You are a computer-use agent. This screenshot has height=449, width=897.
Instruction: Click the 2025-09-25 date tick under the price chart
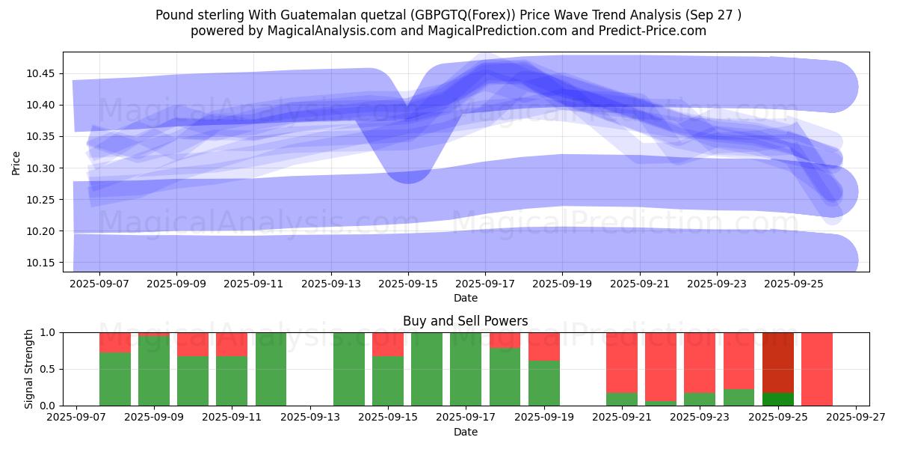[794, 284]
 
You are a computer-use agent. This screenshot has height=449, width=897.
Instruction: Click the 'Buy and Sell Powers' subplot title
[465, 321]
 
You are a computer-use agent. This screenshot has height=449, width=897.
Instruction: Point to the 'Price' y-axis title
[16, 162]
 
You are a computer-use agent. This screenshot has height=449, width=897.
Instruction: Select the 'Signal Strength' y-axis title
[29, 368]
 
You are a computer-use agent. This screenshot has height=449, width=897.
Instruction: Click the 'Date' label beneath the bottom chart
[465, 432]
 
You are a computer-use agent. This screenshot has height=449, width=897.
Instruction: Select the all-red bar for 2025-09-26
[817, 368]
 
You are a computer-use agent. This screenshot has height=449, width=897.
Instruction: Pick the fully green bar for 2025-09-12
[271, 368]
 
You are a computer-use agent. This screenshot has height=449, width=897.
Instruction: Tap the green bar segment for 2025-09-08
[115, 379]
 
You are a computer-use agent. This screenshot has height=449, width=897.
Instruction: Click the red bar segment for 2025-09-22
[661, 366]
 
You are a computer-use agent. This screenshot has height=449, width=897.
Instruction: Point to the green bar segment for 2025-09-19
[544, 383]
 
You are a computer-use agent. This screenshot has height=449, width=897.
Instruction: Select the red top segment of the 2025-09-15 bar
[388, 344]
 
